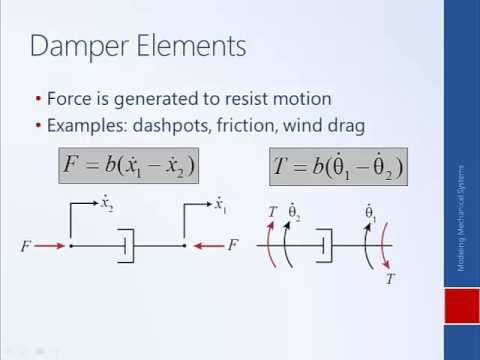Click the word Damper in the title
pyautogui.click(x=75, y=45)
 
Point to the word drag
pyautogui.click(x=344, y=126)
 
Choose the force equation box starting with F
pyautogui.click(x=128, y=165)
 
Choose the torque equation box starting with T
pyautogui.click(x=338, y=166)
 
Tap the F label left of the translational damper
pyautogui.click(x=26, y=246)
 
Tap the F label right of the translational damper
pyautogui.click(x=232, y=245)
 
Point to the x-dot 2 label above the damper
pyautogui.click(x=106, y=205)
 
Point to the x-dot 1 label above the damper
pyautogui.click(x=220, y=205)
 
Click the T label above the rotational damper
pyautogui.click(x=272, y=212)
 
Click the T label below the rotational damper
pyautogui.click(x=390, y=280)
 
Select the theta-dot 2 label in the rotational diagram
pyautogui.click(x=294, y=212)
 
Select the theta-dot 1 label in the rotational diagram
pyautogui.click(x=370, y=212)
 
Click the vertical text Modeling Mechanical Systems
pyautogui.click(x=461, y=218)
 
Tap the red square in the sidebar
pyautogui.click(x=462, y=306)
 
